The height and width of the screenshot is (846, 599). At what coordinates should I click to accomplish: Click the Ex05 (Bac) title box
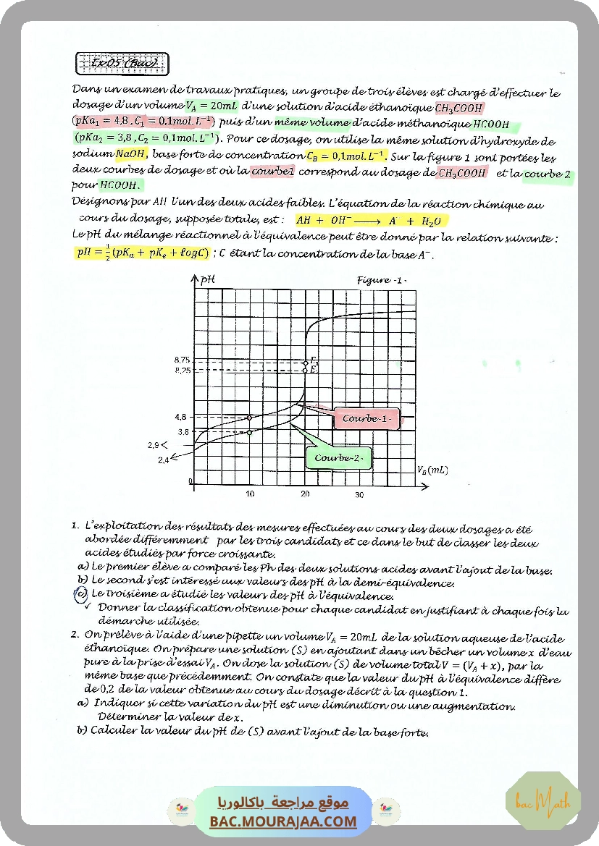point(122,64)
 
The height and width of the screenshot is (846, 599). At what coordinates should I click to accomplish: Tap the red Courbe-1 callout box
point(366,418)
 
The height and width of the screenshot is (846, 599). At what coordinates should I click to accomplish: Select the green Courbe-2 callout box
point(338,458)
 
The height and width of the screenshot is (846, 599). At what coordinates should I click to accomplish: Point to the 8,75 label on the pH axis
point(182,360)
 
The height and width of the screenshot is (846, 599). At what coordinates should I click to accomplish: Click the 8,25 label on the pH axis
point(182,371)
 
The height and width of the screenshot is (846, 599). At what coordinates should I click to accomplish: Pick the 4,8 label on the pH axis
point(181,418)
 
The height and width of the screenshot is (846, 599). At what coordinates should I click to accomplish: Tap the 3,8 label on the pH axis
point(183,432)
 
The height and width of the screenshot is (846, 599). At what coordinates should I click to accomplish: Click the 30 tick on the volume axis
point(359,495)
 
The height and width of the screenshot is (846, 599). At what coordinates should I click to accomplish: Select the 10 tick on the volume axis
point(250,495)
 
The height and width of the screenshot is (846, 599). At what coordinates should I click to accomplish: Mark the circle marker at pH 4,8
point(250,418)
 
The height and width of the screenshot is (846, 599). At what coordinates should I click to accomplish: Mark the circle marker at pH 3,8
point(250,432)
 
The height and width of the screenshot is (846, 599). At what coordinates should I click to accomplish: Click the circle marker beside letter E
point(306,370)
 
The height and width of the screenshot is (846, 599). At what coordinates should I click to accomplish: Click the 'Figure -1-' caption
point(381,280)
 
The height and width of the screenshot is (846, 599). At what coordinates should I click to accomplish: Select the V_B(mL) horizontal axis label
point(432,470)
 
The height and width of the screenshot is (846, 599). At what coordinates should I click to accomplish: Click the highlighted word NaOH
point(130,154)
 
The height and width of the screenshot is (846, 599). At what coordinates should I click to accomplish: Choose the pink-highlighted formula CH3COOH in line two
point(459,109)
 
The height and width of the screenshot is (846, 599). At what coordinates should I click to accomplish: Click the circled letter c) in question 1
point(81,595)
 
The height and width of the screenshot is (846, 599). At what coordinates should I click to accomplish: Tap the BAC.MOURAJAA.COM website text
point(284,821)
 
